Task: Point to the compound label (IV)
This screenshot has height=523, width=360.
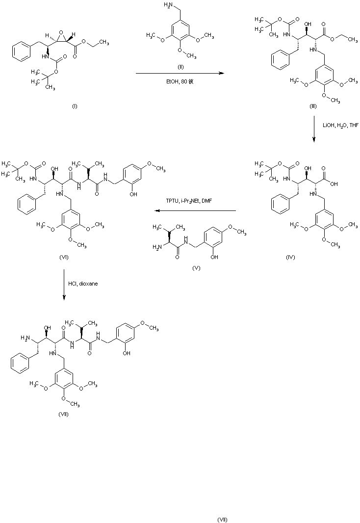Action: [x=290, y=258]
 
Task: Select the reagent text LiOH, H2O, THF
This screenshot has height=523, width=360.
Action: [x=340, y=126]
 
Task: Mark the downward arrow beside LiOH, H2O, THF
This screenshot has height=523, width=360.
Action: [x=314, y=130]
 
